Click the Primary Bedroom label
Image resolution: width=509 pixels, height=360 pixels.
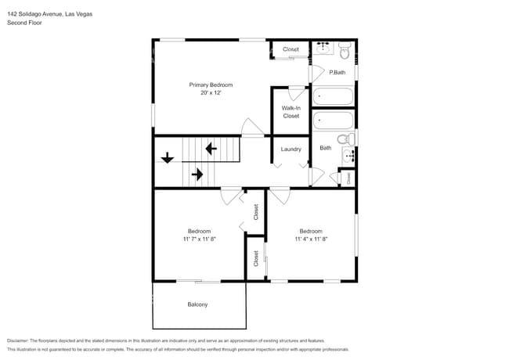coord(211,85)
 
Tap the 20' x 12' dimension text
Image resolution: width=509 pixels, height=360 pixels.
coord(211,92)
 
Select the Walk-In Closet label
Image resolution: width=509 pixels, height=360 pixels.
coord(291,112)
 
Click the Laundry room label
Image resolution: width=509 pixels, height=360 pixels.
coord(291,149)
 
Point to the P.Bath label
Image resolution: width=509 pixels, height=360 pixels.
coord(338,73)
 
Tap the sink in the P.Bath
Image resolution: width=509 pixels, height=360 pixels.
coord(323,49)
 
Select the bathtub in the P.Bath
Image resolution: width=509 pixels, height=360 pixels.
coord(333,98)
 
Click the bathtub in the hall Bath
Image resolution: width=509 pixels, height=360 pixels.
coord(333,122)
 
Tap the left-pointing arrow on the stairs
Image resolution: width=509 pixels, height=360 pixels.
coord(210,147)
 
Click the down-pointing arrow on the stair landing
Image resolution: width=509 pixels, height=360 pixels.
coord(167,159)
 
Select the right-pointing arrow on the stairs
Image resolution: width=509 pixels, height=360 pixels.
coord(197,175)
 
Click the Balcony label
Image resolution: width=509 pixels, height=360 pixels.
coord(197,304)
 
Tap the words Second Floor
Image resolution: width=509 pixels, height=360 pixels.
coord(24,23)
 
